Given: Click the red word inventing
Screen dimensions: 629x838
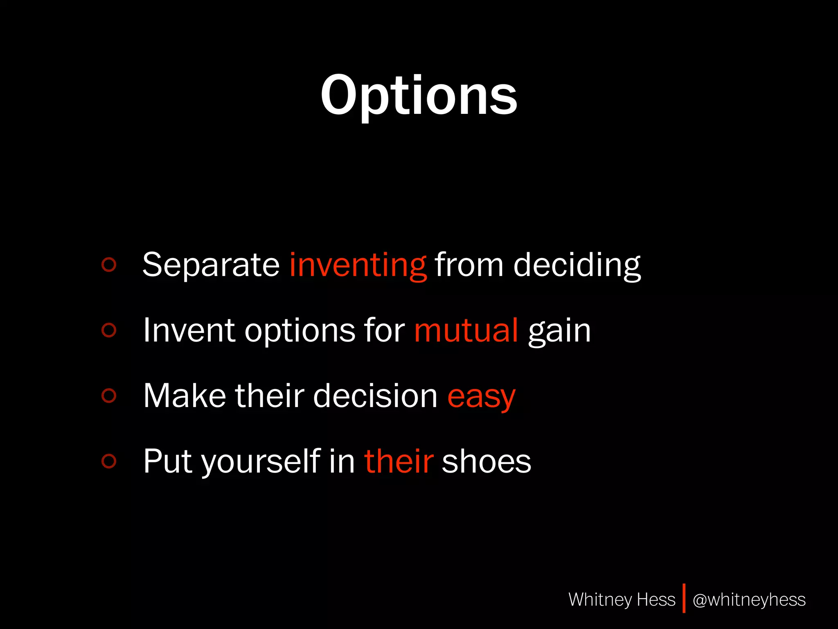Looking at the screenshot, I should (358, 265).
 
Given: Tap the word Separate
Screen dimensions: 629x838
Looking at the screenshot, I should (211, 265).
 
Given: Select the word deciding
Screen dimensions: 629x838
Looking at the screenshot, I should (577, 265).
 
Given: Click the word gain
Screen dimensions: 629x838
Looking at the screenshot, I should (559, 331).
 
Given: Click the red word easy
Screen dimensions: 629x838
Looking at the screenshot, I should (481, 396).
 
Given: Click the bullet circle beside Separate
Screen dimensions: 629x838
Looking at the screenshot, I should (109, 265).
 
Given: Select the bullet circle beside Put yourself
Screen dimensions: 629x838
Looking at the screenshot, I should (109, 461).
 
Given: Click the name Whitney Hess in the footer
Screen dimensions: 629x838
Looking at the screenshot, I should (622, 600).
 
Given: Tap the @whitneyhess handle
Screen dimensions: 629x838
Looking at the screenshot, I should (749, 600).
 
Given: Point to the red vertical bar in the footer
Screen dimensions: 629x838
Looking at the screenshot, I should (684, 598).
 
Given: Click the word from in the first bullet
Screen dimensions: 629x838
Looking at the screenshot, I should (469, 265).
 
